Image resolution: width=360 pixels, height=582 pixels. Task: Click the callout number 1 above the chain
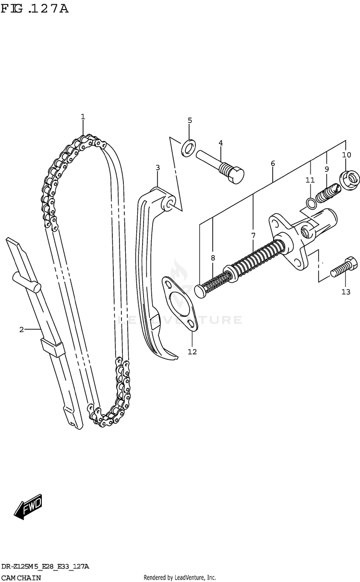[83, 117]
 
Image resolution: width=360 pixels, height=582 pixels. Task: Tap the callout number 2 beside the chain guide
[21, 329]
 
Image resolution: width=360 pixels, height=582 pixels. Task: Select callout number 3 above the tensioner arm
[157, 167]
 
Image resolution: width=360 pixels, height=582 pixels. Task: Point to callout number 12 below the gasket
[192, 352]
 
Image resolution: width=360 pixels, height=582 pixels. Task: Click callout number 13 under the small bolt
[346, 292]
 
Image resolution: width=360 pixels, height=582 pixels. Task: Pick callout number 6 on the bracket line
[273, 164]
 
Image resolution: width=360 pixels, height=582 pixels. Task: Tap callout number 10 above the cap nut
[347, 154]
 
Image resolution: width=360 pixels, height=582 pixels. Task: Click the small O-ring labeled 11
[311, 203]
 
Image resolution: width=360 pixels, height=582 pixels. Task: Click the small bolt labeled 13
[343, 268]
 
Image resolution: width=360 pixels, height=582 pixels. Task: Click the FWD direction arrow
[29, 507]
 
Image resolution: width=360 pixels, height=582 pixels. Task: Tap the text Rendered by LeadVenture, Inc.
[180, 578]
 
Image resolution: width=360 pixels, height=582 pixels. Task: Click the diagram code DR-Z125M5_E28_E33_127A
[45, 567]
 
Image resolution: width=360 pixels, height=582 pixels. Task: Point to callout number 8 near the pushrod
[213, 258]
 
